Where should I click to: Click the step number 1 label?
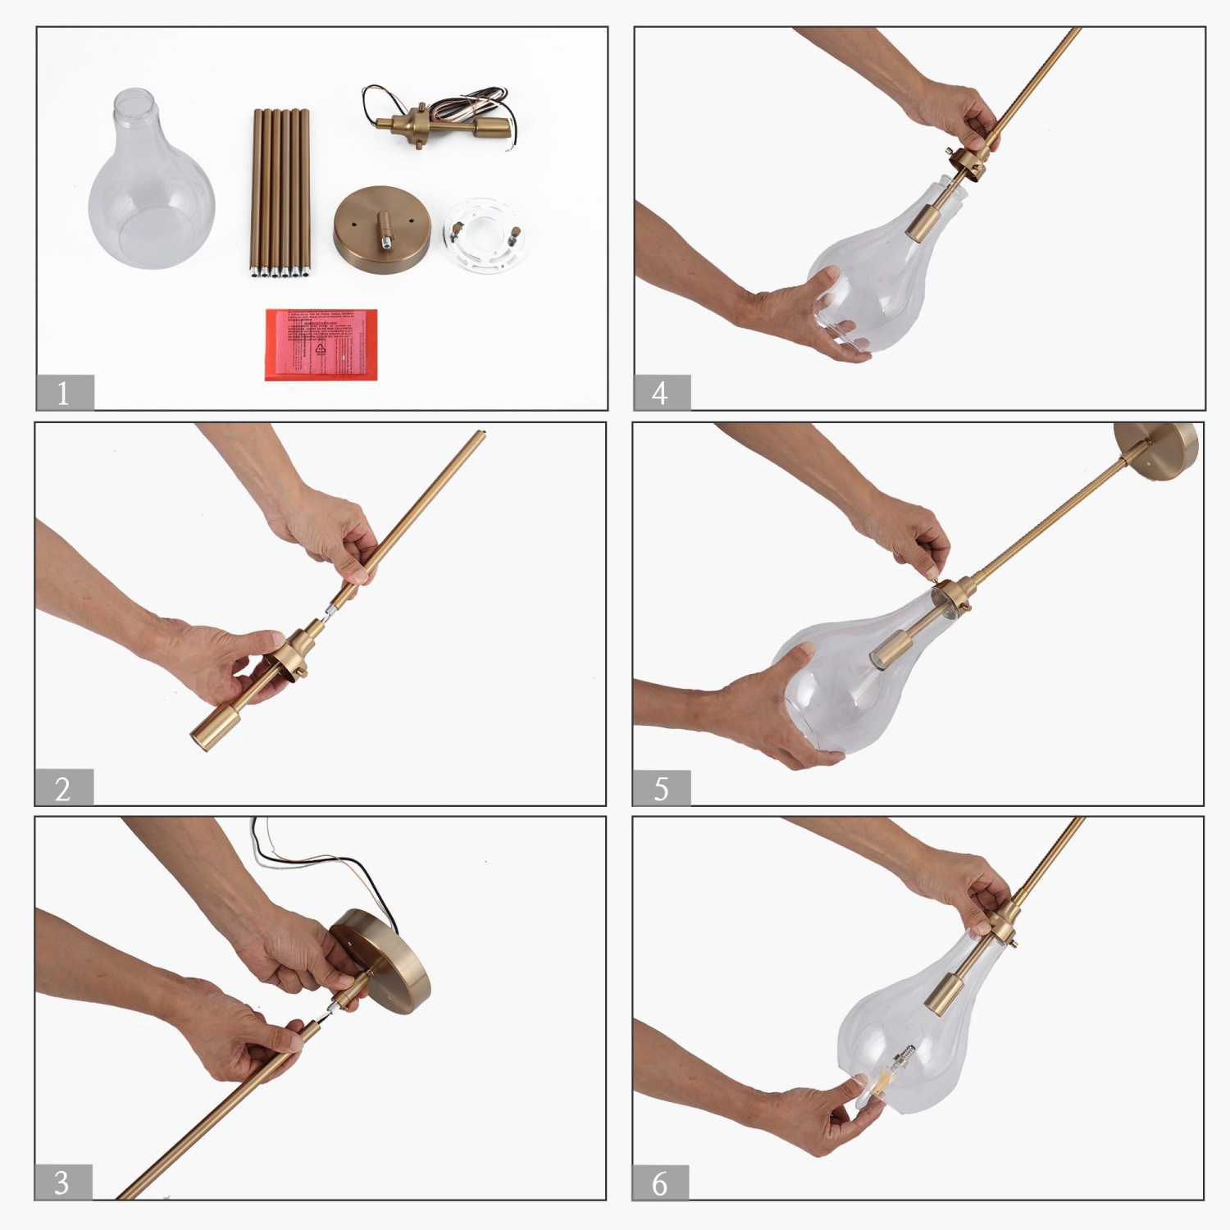tap(64, 393)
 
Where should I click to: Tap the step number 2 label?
tap(63, 788)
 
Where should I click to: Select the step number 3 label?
tap(62, 1182)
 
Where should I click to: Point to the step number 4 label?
tap(661, 393)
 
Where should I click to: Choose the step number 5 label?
tap(661, 788)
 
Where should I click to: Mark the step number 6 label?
tap(660, 1183)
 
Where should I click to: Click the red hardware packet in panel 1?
tap(321, 344)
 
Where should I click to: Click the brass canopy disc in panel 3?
tap(385, 959)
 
